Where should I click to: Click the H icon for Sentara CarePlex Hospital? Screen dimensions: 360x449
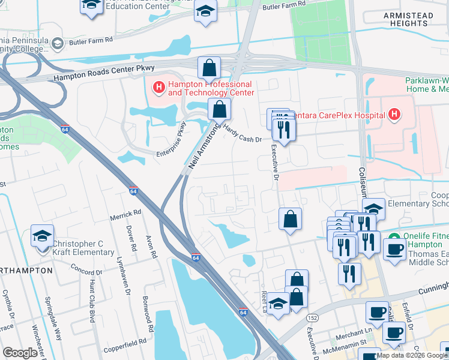(394, 114)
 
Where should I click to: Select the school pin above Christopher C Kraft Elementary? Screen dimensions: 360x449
(42, 235)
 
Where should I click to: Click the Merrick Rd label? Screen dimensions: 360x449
(125, 212)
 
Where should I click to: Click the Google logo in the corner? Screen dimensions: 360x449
(20, 352)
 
